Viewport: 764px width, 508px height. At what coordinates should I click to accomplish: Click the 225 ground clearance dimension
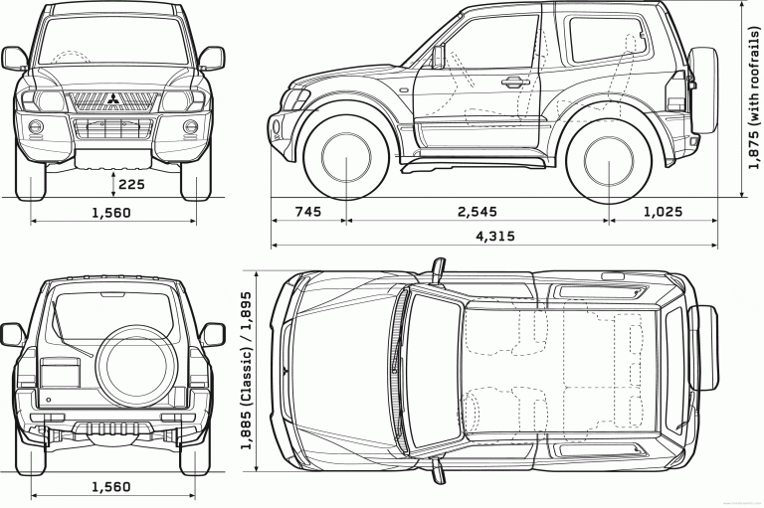tap(131, 183)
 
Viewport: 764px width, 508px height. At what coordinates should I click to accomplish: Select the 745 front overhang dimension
tap(308, 212)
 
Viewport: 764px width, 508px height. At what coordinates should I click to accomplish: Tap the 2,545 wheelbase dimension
tap(477, 212)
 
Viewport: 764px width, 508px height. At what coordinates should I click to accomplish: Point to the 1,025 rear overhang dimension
tap(664, 212)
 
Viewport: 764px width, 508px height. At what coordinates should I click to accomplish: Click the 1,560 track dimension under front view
tap(110, 212)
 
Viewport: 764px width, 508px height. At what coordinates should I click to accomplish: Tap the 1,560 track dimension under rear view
tap(110, 486)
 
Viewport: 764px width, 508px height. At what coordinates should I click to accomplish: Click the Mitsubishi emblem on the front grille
tap(110, 98)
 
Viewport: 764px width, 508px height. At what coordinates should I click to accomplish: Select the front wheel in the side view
tap(343, 160)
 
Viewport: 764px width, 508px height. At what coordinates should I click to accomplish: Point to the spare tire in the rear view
tap(134, 353)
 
